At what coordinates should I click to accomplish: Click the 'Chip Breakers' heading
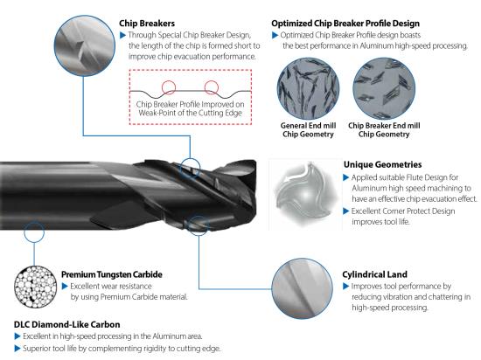point(147,24)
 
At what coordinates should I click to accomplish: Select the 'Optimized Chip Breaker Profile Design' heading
point(345,24)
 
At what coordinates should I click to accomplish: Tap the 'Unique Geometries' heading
point(382,164)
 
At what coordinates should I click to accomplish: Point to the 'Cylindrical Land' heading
point(374,274)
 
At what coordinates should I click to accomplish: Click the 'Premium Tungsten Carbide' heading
point(112,274)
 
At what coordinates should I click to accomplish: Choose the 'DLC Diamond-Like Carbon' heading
point(66,324)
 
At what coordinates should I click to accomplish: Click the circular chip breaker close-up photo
point(85,46)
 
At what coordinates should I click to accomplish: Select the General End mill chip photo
point(308,88)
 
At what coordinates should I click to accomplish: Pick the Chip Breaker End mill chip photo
point(384,88)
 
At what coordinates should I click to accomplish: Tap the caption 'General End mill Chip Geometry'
point(308,130)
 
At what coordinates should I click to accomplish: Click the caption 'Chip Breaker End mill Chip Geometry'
point(384,130)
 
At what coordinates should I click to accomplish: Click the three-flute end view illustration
point(305,195)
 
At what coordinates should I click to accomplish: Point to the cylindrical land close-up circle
point(303,288)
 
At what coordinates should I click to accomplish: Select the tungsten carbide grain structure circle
point(35,287)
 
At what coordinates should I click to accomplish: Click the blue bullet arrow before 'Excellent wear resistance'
point(65,286)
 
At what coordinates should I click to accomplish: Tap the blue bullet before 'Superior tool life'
point(17,349)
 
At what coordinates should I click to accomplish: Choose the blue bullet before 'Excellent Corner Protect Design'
point(346,211)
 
